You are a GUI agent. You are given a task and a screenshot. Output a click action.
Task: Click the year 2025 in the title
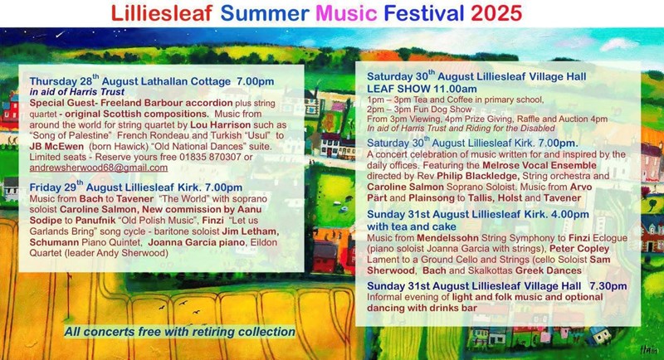click(496, 13)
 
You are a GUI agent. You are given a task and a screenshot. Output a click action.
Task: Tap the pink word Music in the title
click(346, 13)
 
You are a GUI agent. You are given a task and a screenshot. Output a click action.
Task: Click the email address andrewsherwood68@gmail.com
click(98, 168)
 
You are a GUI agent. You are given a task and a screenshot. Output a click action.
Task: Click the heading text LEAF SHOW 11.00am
click(422, 89)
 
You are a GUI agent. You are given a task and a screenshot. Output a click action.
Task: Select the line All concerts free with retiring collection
click(179, 332)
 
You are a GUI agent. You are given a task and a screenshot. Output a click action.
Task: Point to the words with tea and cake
click(411, 226)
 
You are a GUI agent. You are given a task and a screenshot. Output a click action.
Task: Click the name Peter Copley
click(579, 249)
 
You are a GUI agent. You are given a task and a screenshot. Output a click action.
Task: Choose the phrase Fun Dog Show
click(440, 109)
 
